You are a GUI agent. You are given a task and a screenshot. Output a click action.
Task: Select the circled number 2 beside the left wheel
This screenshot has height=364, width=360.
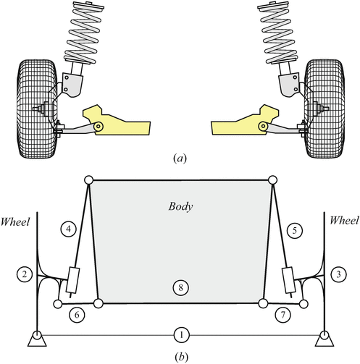point(25,274)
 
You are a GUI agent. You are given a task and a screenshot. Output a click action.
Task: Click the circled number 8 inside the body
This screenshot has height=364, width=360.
point(180,288)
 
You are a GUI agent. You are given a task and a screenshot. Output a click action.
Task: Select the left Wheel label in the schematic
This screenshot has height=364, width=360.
point(16,218)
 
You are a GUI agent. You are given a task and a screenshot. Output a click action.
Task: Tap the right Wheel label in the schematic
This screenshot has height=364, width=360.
point(343,218)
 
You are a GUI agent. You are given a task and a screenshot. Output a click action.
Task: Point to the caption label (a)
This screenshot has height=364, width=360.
point(180,155)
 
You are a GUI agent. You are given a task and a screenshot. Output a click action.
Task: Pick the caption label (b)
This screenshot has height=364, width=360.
point(180,355)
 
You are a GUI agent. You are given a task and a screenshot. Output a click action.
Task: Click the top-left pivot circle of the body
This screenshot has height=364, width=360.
point(89,180)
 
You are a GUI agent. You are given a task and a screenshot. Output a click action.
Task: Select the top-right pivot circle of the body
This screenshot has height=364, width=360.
point(272,180)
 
